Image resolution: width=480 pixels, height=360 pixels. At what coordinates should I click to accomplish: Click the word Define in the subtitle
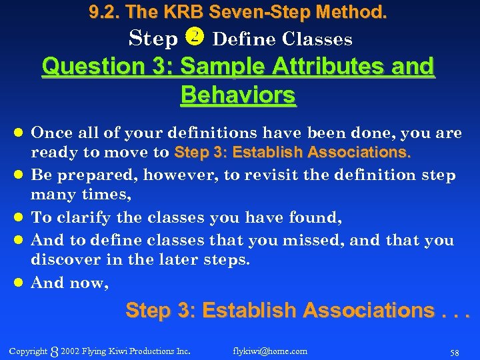(243, 39)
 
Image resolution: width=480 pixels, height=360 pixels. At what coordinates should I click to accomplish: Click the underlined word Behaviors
(238, 95)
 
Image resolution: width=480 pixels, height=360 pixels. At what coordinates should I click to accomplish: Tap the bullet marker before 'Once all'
(20, 133)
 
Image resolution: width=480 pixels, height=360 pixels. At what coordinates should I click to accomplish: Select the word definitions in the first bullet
(205, 133)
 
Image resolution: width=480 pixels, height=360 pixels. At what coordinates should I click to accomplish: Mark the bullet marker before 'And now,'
(20, 283)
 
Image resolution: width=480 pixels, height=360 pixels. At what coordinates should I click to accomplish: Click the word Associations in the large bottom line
(359, 310)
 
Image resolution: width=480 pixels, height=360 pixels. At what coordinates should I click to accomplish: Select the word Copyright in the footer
(28, 351)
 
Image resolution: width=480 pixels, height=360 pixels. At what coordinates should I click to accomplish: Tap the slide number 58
(455, 351)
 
